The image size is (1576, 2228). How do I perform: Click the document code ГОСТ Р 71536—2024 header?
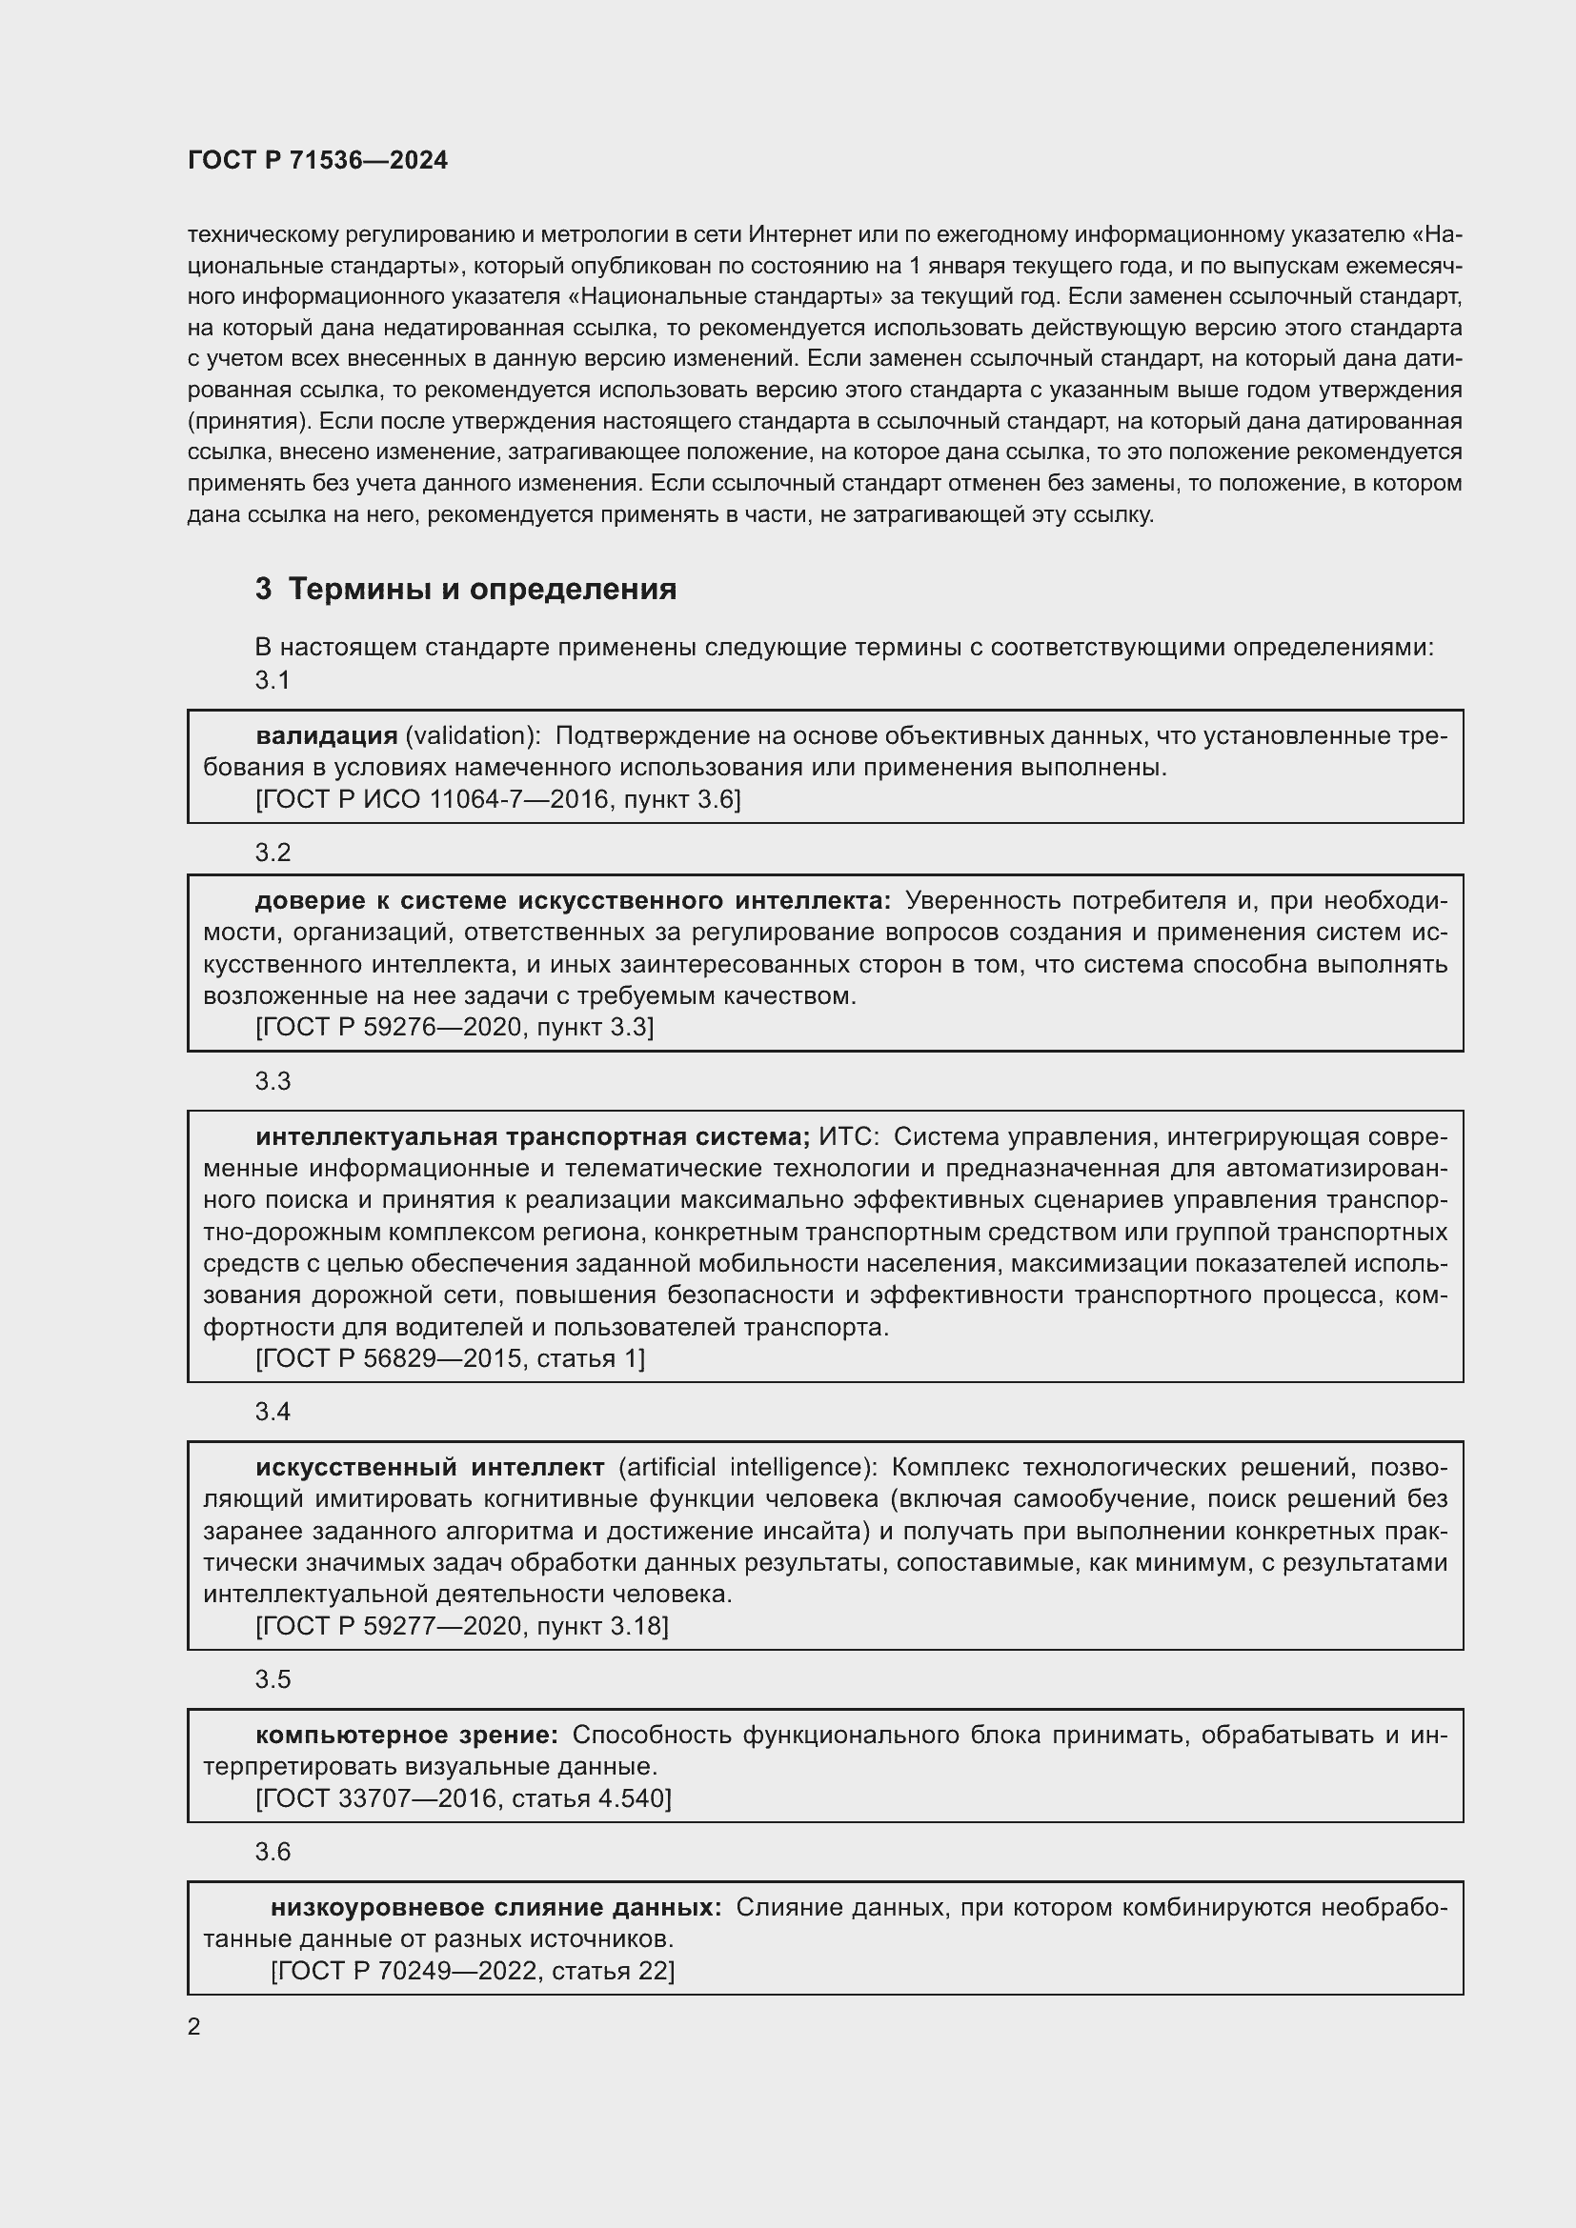pyautogui.click(x=317, y=161)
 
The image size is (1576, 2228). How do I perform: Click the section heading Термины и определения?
pyautogui.click(x=482, y=589)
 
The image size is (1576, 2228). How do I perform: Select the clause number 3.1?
pyautogui.click(x=273, y=680)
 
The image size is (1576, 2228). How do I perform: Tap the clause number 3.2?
pyautogui.click(x=273, y=852)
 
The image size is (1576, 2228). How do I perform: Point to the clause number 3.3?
pyautogui.click(x=273, y=1081)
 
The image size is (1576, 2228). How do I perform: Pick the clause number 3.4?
pyautogui.click(x=273, y=1411)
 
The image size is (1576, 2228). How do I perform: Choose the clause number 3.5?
pyautogui.click(x=273, y=1678)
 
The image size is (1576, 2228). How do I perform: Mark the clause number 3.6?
pyautogui.click(x=273, y=1852)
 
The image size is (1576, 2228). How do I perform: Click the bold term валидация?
pyautogui.click(x=326, y=735)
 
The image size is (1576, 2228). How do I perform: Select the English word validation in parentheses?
pyautogui.click(x=472, y=735)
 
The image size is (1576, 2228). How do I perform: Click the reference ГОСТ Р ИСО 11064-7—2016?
pyautogui.click(x=435, y=799)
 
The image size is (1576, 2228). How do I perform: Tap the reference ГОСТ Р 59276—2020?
pyautogui.click(x=393, y=1028)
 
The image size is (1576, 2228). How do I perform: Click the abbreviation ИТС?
pyautogui.click(x=847, y=1136)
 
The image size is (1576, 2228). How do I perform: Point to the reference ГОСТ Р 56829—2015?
pyautogui.click(x=393, y=1358)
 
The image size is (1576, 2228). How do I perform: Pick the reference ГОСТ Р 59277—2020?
pyautogui.click(x=393, y=1626)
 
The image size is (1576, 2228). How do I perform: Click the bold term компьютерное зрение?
pyautogui.click(x=407, y=1735)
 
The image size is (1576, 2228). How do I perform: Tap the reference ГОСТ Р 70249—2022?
pyautogui.click(x=409, y=1971)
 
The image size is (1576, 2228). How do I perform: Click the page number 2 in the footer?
pyautogui.click(x=194, y=2027)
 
